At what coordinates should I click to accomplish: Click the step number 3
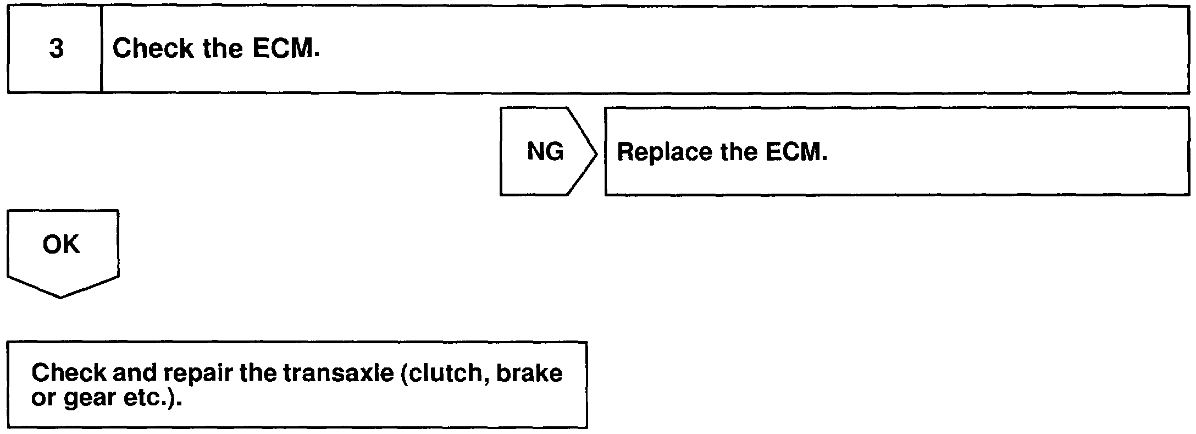click(x=56, y=50)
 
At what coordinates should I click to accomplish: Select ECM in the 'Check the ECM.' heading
click(x=285, y=48)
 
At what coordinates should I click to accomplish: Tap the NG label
click(x=545, y=151)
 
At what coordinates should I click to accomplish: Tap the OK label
click(x=61, y=244)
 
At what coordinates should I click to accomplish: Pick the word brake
click(x=529, y=373)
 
